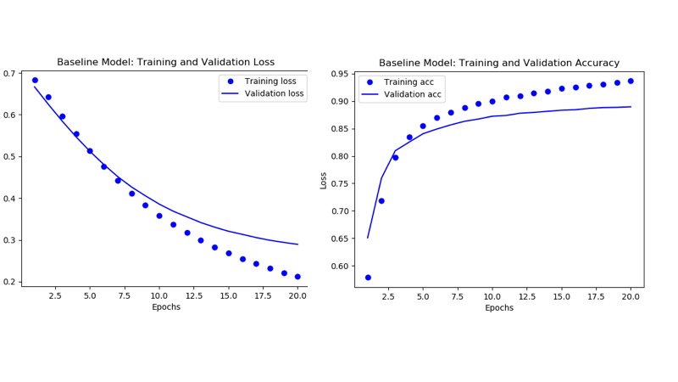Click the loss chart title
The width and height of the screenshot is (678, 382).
click(165, 63)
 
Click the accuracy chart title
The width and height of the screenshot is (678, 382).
click(498, 63)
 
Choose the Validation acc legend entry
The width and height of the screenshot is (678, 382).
click(401, 94)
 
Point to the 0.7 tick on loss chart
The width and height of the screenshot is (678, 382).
click(13, 74)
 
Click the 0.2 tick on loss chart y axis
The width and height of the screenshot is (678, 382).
click(13, 282)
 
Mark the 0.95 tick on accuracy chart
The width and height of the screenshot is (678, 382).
click(339, 74)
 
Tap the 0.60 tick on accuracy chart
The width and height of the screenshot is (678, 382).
click(339, 266)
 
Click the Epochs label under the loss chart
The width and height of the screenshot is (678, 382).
click(165, 307)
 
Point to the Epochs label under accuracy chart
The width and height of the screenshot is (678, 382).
click(498, 307)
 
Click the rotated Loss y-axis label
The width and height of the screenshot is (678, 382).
click(323, 180)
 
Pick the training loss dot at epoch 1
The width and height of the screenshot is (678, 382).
click(35, 81)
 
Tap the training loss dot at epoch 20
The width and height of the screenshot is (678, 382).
click(297, 276)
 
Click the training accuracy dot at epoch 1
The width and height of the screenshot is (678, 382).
click(368, 278)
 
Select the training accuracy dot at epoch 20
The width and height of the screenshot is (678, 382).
click(631, 81)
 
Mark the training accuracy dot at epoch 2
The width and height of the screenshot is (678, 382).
click(381, 201)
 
